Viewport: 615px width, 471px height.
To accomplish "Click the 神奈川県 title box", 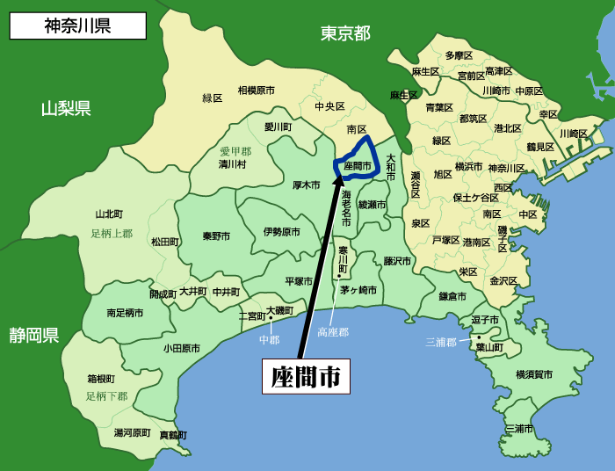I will tap(77, 25).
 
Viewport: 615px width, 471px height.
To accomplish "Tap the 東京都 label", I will tap(344, 33).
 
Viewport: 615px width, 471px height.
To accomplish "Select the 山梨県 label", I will tap(66, 109).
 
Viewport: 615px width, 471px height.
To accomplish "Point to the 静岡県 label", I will tap(34, 335).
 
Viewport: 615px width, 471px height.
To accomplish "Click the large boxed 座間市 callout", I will tap(306, 376).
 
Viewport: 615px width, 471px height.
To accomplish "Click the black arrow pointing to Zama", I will tap(321, 264).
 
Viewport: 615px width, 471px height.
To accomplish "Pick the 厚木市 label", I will tap(307, 185).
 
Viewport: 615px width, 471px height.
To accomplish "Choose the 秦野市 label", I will tap(216, 236).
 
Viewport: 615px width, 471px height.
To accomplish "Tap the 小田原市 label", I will tap(181, 348).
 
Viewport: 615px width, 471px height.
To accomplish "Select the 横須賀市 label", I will tap(534, 374).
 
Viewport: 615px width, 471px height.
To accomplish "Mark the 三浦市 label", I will tap(519, 429).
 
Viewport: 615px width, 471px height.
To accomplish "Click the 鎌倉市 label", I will tap(453, 296).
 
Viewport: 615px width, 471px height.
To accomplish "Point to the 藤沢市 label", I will tap(397, 261).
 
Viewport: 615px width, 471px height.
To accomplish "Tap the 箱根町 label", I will tap(101, 379).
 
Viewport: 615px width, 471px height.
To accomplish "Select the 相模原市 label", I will tap(256, 91).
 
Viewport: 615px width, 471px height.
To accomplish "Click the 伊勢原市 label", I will tap(281, 232).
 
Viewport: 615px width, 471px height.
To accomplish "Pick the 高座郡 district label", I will tap(333, 332).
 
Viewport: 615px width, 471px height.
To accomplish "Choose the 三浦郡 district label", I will tap(441, 341).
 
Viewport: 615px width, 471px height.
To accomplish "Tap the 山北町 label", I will tap(109, 214).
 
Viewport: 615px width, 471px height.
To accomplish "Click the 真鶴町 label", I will tap(173, 435).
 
